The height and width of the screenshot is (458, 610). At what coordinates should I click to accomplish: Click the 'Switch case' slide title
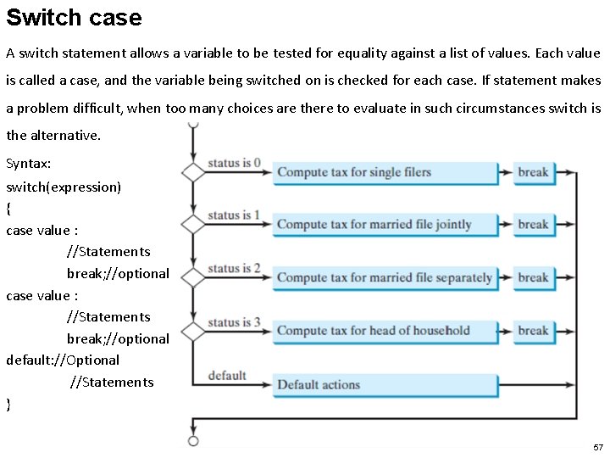point(74,18)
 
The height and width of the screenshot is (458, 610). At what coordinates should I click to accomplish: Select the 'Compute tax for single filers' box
point(385,173)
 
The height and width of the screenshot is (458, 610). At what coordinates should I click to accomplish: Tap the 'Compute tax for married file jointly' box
point(385,225)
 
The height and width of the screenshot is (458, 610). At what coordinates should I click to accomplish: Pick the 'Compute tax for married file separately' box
point(385,278)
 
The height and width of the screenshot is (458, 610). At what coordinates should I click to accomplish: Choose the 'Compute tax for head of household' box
point(385,332)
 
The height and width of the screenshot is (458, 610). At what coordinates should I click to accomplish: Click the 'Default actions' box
point(385,385)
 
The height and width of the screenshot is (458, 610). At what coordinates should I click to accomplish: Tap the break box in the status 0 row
point(535,173)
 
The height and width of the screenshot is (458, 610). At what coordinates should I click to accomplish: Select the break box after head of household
point(535,332)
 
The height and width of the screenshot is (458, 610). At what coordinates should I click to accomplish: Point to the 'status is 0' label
point(234,163)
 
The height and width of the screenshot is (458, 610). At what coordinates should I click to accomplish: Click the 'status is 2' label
point(234,268)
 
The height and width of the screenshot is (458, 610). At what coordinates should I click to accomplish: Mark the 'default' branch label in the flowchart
point(227,376)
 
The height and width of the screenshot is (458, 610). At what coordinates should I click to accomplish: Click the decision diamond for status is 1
point(193,224)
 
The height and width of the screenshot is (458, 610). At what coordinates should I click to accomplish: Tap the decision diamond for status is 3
point(193,332)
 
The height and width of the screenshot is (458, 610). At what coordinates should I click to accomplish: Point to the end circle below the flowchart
point(193,441)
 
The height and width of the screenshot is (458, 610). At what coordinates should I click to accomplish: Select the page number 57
point(598,447)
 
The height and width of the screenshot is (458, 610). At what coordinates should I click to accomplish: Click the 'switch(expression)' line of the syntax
point(64,187)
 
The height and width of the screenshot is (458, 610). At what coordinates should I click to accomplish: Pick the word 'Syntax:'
point(29,164)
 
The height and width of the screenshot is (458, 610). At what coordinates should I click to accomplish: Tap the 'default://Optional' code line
point(63,360)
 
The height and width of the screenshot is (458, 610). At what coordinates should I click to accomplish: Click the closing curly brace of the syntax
point(8,405)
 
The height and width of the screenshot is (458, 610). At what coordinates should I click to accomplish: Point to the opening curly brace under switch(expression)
point(8,209)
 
